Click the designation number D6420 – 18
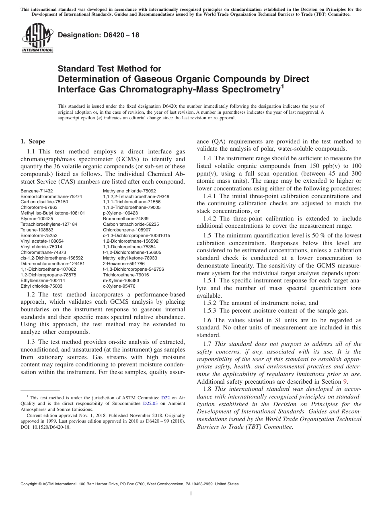[99, 35]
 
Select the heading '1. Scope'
[33, 141]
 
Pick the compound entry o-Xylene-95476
[119, 286]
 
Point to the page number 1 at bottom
[191, 494]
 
